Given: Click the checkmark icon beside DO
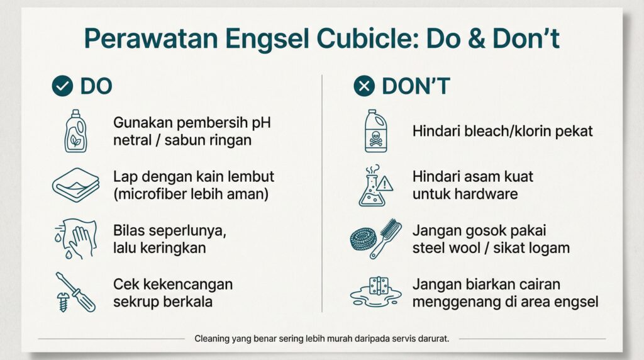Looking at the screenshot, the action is [62, 86].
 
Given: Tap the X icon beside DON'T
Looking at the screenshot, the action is [364, 86].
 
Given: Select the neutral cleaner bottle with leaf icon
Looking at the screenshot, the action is [75, 131].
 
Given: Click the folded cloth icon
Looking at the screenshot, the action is [76, 185].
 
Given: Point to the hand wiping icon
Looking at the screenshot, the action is [75, 239].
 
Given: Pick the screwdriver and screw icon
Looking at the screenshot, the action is [75, 292].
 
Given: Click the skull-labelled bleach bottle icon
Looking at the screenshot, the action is [376, 131].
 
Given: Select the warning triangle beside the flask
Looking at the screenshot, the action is [384, 184].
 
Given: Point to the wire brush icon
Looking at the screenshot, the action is [386, 239].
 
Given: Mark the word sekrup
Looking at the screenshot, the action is [136, 302].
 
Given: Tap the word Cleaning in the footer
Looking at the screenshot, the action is [212, 339].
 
